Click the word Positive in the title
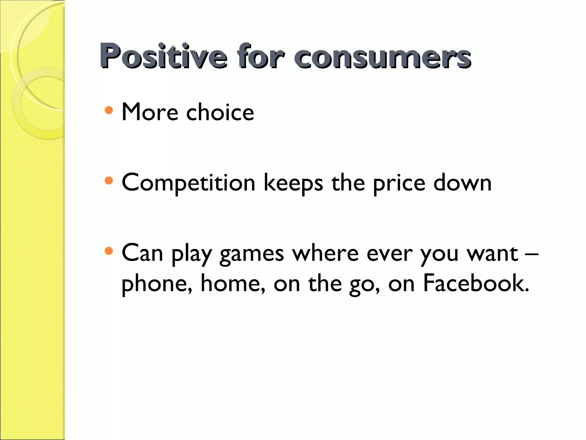[x=163, y=56]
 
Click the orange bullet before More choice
[x=109, y=110]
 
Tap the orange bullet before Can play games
[x=109, y=251]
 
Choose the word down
[x=462, y=182]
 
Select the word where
[x=325, y=253]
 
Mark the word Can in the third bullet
[x=142, y=253]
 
